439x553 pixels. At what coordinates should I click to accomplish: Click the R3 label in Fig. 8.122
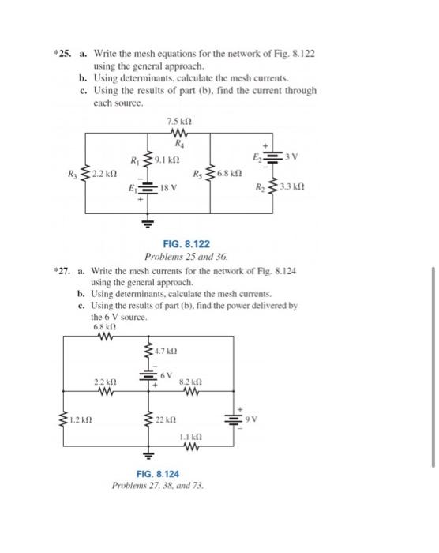coord(72,174)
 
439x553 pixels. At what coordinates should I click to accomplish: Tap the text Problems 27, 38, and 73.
coord(158,486)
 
